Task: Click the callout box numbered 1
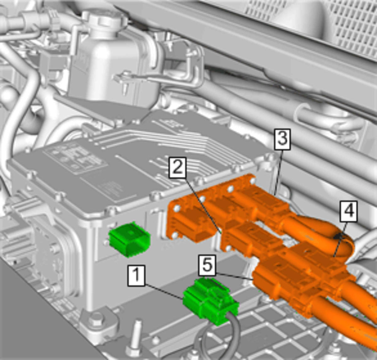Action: coord(136,276)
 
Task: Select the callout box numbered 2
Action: coord(178,168)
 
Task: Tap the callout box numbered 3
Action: coord(282,139)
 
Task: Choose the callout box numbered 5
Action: coord(207,265)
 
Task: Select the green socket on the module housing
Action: coord(129,239)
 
